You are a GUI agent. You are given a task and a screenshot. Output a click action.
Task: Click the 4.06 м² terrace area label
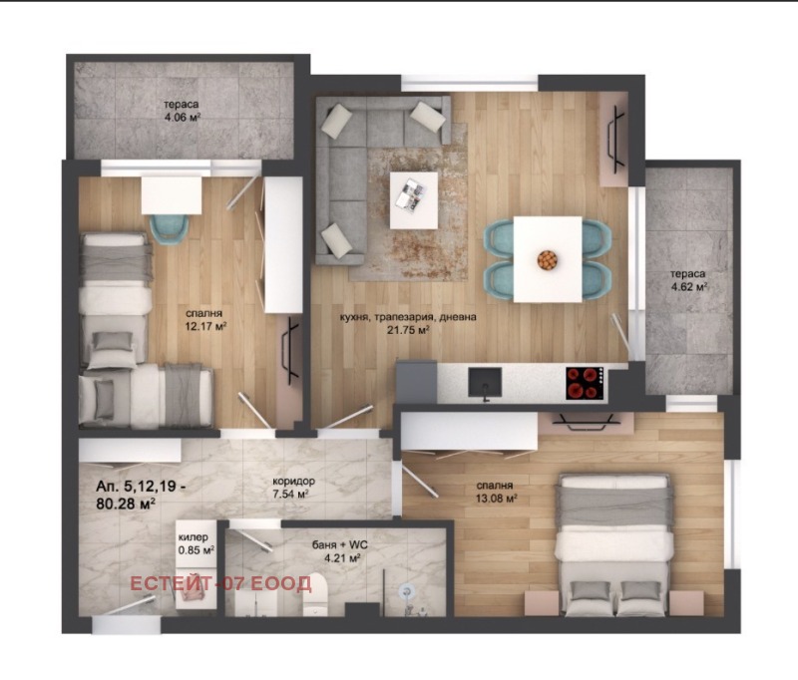(x=182, y=117)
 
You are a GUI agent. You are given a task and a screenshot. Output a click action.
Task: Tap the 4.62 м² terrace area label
(x=689, y=287)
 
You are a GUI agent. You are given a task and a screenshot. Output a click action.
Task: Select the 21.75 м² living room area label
(x=408, y=330)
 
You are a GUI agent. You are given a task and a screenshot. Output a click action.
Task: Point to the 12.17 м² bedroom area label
(x=205, y=326)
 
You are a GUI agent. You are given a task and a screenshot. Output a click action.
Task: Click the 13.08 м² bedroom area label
(x=496, y=499)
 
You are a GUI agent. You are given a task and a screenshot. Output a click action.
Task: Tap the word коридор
(x=293, y=482)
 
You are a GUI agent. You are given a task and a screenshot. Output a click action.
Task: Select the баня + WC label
(x=339, y=545)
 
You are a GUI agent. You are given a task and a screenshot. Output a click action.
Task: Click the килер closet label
(x=193, y=537)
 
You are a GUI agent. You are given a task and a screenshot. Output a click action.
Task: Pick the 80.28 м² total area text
(x=126, y=505)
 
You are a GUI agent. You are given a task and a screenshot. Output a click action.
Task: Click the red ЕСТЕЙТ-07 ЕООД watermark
(x=220, y=584)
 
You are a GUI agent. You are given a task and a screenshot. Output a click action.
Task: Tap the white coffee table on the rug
(x=414, y=200)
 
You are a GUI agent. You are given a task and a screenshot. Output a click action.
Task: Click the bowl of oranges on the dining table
(x=547, y=260)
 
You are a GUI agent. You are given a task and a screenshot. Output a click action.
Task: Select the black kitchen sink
(x=485, y=383)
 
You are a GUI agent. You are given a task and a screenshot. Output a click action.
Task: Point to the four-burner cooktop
(x=586, y=383)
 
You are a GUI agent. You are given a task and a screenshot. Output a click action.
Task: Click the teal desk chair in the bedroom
(x=169, y=230)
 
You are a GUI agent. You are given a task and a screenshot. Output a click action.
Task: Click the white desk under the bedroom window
(x=171, y=195)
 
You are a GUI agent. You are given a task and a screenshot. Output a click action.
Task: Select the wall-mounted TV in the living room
(x=616, y=139)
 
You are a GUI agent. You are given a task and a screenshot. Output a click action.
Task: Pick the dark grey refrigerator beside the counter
(x=416, y=382)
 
